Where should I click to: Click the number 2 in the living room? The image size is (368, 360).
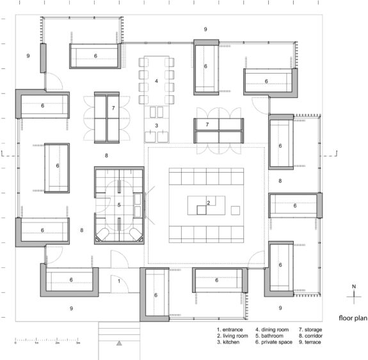[209, 203]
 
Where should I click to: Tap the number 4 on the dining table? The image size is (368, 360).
[156, 81]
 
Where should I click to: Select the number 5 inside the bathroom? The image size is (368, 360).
[119, 205]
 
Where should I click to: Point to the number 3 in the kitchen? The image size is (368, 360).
[157, 125]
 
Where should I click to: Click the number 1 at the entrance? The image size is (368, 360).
[119, 281]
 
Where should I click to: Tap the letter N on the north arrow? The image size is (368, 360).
[354, 286]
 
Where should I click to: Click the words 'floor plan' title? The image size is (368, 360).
[353, 318]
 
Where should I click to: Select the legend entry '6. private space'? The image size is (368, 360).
[274, 342]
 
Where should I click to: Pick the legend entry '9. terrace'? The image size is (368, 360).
[310, 342]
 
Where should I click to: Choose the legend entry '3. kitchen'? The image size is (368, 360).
[228, 342]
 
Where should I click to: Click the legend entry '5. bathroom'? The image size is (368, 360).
[269, 336]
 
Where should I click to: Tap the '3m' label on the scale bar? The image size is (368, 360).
[78, 343]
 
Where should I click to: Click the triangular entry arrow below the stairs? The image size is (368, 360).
[119, 343]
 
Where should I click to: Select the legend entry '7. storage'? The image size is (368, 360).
[310, 330]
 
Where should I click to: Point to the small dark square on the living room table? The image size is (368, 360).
[202, 210]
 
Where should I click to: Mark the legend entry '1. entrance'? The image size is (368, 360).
[230, 330]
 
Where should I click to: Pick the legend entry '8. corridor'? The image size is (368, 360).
[310, 336]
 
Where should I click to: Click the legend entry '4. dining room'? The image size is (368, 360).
[272, 330]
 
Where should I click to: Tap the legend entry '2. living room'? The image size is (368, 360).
[232, 336]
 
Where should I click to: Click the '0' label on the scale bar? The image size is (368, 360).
[15, 343]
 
